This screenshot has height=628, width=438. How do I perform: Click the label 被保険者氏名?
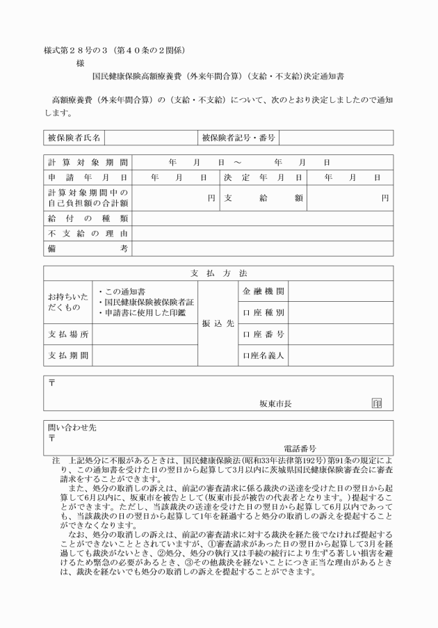(x=74, y=138)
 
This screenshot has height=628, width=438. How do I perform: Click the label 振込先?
(x=218, y=323)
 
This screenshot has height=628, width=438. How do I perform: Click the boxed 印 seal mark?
(x=377, y=403)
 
